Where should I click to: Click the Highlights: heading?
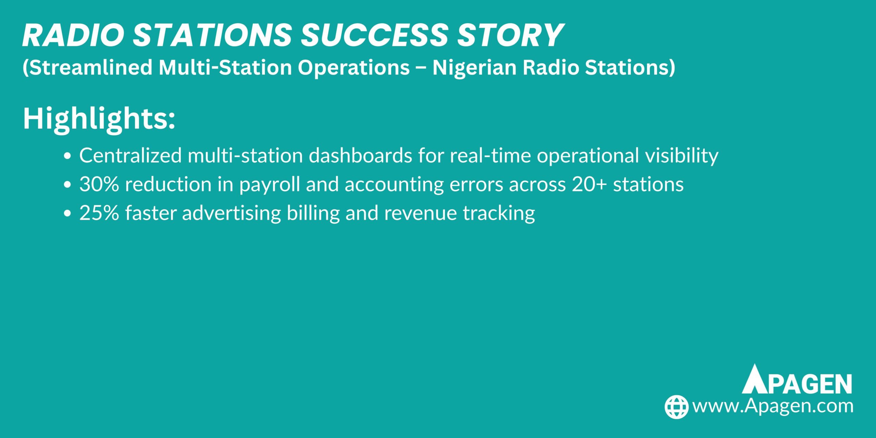[99, 119]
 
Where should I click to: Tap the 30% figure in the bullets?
[99, 184]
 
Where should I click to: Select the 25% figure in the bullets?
[99, 213]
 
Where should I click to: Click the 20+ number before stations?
[590, 184]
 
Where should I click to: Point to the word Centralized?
[130, 155]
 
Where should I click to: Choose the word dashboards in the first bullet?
[360, 155]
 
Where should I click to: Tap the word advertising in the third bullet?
[231, 213]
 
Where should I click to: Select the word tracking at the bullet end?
[499, 214]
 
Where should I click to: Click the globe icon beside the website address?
[676, 407]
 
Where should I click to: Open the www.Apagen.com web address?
[773, 406]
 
